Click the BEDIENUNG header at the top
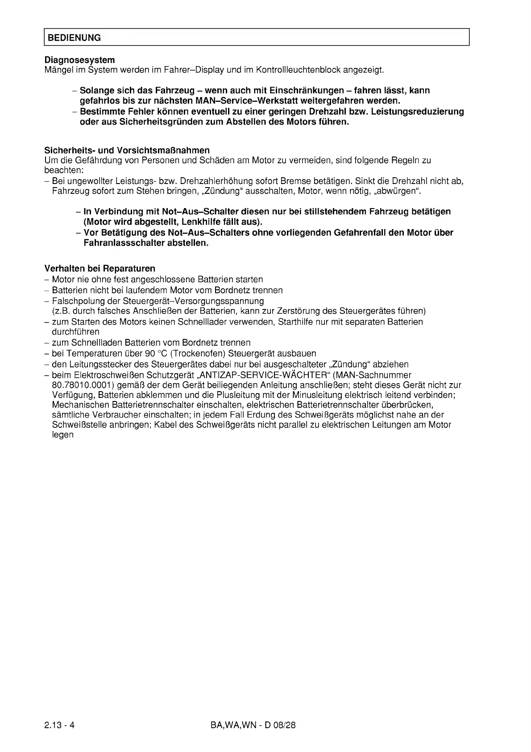tap(75, 38)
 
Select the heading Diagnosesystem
tap(79, 60)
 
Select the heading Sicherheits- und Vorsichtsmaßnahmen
tap(127, 150)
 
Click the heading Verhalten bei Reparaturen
tap(100, 268)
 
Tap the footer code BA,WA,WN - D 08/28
tap(253, 725)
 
